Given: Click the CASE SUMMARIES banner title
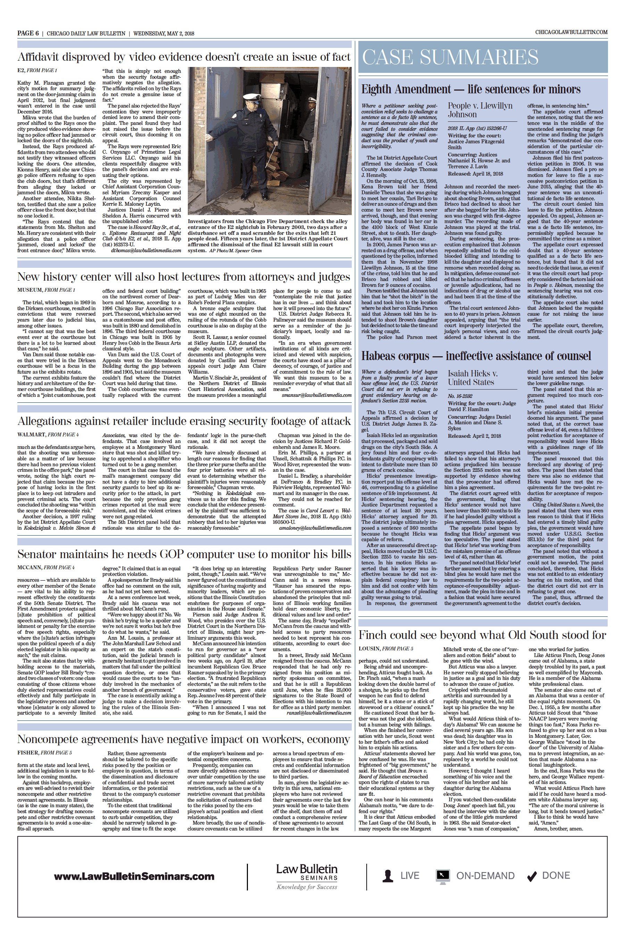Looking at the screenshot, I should coord(450,57).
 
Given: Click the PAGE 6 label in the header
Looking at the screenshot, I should coord(28,33).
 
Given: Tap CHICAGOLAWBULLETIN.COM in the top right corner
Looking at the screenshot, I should coord(571,32).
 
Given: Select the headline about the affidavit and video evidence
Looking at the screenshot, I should coord(184,57).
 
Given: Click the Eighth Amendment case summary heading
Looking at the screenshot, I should coord(471,89).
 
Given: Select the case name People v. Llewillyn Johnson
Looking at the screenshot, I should coord(480,110).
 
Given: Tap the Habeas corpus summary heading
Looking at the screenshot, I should coord(476,356).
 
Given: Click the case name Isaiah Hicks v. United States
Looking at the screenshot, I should coord(472,377).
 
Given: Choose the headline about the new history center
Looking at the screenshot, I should coord(184,277).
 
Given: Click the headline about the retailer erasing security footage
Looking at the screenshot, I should coord(184,421).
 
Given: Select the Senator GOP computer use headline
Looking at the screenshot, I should coord(184,554).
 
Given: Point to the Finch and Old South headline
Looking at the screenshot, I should coord(482,635).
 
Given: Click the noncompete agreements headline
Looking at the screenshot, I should coord(184,740).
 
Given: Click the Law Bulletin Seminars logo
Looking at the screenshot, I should coord(307,876).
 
